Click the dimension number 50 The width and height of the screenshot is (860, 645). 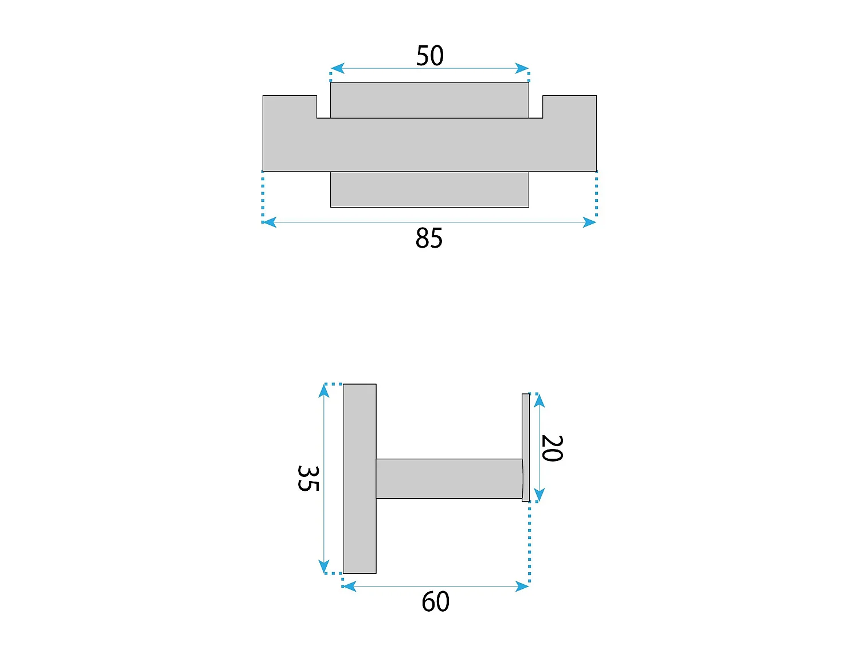tap(430, 56)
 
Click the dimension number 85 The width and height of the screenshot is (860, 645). tap(429, 238)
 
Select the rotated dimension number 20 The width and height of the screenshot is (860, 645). tap(552, 448)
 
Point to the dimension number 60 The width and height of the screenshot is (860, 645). tap(435, 601)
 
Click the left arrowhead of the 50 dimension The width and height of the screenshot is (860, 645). tap(337, 68)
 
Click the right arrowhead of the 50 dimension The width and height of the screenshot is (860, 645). tap(522, 68)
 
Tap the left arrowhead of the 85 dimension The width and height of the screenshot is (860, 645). tap(269, 222)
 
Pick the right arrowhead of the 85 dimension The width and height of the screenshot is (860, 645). tap(589, 222)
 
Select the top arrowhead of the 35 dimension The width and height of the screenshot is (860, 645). tap(323, 391)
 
